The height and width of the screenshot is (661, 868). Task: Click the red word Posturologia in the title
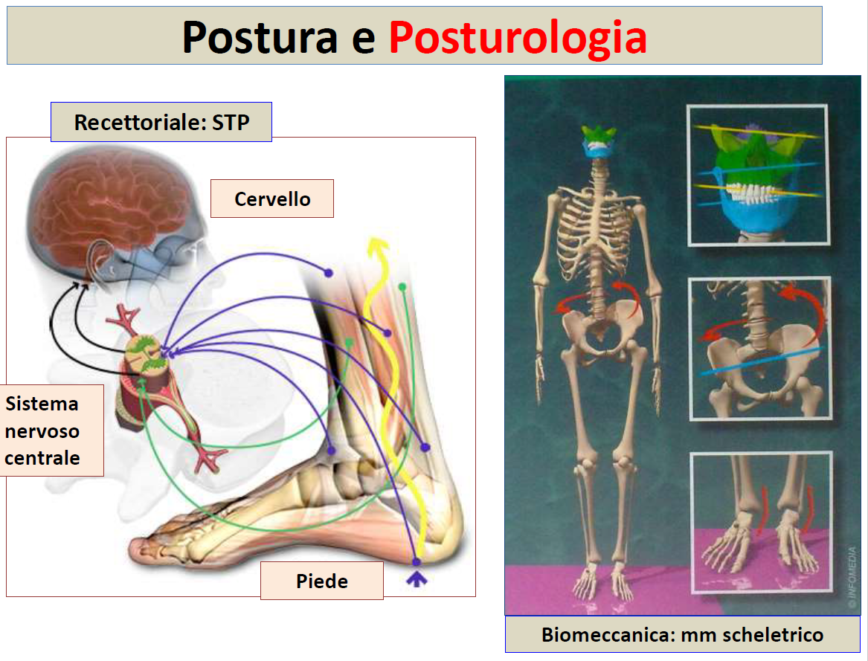tap(518, 38)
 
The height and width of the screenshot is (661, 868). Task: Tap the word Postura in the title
tap(260, 37)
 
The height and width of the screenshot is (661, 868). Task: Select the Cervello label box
tap(271, 199)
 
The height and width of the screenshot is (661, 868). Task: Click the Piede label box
tap(321, 581)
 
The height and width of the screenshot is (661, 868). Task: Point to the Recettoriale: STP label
tap(161, 122)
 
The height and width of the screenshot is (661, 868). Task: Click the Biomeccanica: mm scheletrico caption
tap(682, 634)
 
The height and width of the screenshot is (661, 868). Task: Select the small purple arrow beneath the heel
tap(417, 579)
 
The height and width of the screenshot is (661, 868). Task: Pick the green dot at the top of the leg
tap(402, 287)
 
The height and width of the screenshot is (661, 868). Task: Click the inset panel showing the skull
tap(758, 175)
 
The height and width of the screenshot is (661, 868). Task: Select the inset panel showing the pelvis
tap(760, 348)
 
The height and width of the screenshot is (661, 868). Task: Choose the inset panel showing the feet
tap(762, 521)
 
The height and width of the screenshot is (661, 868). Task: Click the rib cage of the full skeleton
tap(595, 233)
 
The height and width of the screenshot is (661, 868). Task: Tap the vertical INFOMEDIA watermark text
tap(852, 578)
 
